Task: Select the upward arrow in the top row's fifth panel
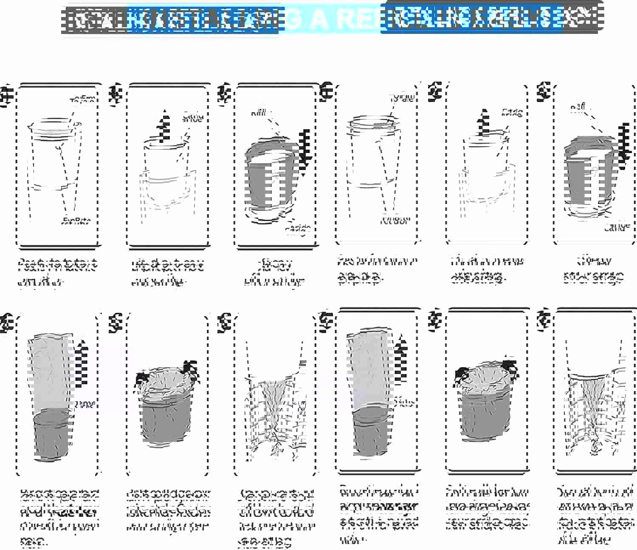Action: pyautogui.click(x=482, y=123)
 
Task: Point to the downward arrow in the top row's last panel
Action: pyautogui.click(x=623, y=145)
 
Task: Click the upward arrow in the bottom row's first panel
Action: pyautogui.click(x=82, y=361)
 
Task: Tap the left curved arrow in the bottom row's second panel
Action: pyautogui.click(x=141, y=378)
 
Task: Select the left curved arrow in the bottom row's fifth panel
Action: pyautogui.click(x=460, y=377)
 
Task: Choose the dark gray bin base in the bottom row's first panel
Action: pyautogui.click(x=51, y=436)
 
